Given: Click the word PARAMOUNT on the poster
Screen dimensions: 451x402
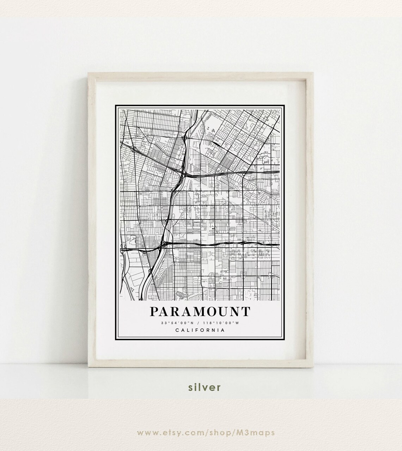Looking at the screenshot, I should (200, 312).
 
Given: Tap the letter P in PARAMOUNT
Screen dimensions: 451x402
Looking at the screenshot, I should (154, 312).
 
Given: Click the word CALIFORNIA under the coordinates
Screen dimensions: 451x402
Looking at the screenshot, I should (200, 330).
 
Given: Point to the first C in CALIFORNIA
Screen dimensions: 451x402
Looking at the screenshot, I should (176, 330).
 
